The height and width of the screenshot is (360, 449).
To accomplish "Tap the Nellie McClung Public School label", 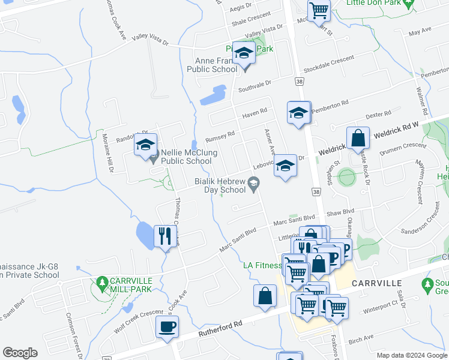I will pos(186,157).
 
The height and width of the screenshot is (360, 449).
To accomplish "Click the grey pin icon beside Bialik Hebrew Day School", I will pos(254,183).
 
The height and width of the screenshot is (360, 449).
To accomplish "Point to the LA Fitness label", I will pos(262,265).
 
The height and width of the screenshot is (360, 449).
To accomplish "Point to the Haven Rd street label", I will pos(254,114).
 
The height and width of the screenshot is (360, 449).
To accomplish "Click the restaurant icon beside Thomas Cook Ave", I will pos(164,235).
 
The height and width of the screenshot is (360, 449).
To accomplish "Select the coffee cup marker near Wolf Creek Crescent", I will pos(167,327).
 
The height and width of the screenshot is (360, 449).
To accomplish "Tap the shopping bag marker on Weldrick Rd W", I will pos(358,138).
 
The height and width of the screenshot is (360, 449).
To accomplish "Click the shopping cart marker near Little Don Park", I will pos(319,10).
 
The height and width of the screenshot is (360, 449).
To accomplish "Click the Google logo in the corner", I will pos(20,353).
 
